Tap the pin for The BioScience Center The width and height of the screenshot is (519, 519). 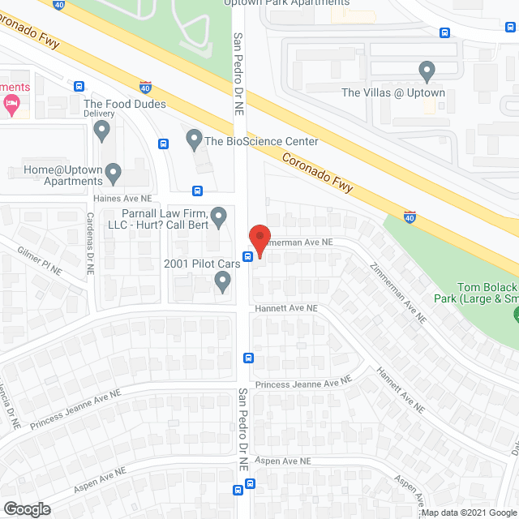click(194, 139)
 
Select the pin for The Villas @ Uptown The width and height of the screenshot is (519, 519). click(427, 72)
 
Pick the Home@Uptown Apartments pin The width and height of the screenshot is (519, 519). click(114, 173)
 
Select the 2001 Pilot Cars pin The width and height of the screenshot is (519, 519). click(223, 281)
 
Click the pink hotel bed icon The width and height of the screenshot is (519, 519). click(11, 102)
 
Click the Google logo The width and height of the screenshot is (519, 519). click(26, 508)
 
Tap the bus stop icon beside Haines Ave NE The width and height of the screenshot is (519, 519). click(197, 191)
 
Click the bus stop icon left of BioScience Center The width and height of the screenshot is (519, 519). click(164, 144)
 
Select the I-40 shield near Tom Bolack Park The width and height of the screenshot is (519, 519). click(410, 217)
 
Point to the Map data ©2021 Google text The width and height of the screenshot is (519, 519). click(468, 513)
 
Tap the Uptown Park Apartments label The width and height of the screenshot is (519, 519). click(288, 2)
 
